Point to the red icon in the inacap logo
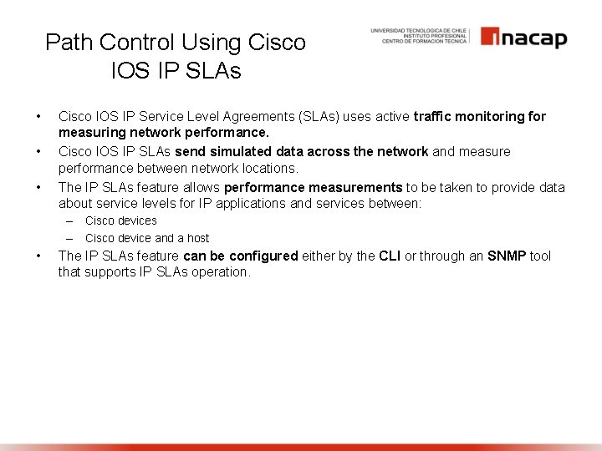pyautogui.click(x=490, y=38)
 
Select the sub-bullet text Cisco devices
pyautogui.click(x=121, y=221)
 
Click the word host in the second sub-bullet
pyautogui.click(x=197, y=238)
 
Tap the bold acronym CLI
pyautogui.click(x=390, y=256)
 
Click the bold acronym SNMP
pyautogui.click(x=507, y=256)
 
